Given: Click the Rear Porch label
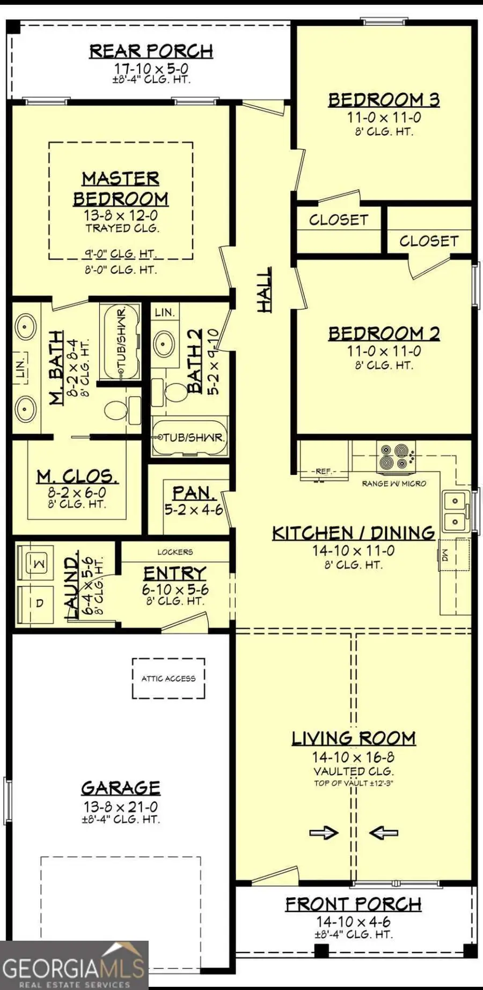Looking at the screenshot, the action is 151,51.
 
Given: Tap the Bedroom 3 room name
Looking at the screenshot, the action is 384,100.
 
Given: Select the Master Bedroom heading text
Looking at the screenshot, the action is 121,189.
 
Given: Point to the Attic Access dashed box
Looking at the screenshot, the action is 169,678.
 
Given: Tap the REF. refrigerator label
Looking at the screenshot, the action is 324,471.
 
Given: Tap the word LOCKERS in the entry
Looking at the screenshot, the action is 175,552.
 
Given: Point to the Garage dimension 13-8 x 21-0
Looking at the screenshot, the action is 120,806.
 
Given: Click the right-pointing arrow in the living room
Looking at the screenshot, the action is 324,832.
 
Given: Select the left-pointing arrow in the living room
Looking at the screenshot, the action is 384,832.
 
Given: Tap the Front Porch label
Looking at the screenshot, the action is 353,904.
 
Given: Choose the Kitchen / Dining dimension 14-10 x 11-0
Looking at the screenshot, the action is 353,550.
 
